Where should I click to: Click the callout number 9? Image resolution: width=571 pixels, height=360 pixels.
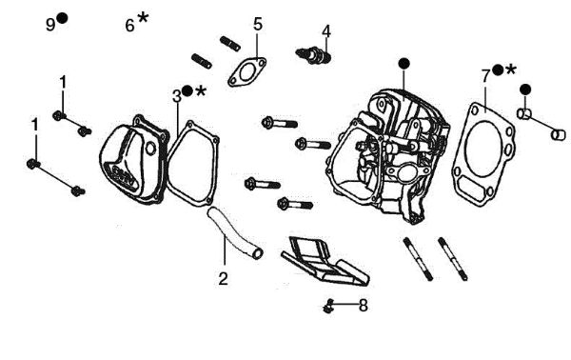51,24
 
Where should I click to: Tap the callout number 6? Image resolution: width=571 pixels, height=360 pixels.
130,25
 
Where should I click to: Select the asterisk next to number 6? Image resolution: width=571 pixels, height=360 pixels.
144,18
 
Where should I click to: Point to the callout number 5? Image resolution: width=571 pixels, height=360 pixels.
257,24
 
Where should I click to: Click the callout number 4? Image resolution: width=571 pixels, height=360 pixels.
326,30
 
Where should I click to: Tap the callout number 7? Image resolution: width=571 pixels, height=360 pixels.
485,73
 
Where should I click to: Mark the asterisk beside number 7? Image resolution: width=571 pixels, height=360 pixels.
511,70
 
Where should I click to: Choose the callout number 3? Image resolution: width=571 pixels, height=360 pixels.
176,94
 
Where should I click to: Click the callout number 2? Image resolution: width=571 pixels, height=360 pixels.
223,279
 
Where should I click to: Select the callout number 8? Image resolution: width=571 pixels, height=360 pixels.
362,306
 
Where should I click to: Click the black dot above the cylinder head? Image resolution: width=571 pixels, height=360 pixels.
404,63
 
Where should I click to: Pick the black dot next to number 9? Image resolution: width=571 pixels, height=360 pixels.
63,18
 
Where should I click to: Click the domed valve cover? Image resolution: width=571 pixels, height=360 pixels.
133,162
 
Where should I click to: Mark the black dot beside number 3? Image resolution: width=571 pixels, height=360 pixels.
187,90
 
